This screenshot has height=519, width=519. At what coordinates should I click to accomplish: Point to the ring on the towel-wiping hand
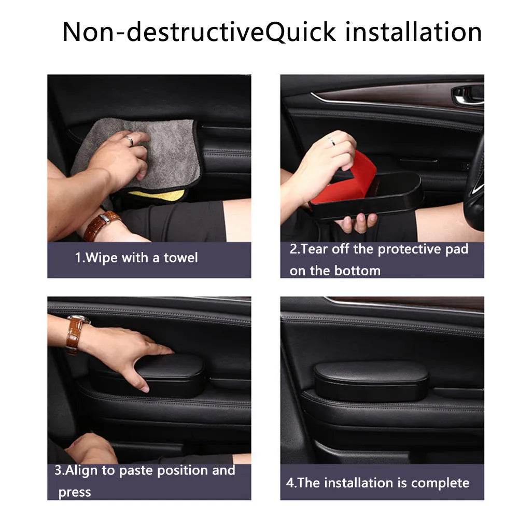129,140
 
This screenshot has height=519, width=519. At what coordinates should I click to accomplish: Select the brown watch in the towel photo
102,225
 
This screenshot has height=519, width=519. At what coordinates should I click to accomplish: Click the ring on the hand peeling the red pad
330,140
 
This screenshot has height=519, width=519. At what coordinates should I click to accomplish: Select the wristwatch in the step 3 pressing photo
76,332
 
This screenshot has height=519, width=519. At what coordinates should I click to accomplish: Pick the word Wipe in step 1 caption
101,258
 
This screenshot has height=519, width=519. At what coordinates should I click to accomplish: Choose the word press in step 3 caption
75,492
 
